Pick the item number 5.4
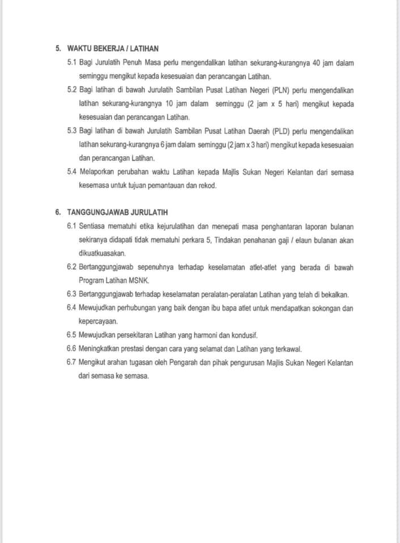(71, 172)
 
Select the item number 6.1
(71, 226)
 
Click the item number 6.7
(71, 363)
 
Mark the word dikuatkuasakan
(103, 253)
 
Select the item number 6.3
(71, 294)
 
